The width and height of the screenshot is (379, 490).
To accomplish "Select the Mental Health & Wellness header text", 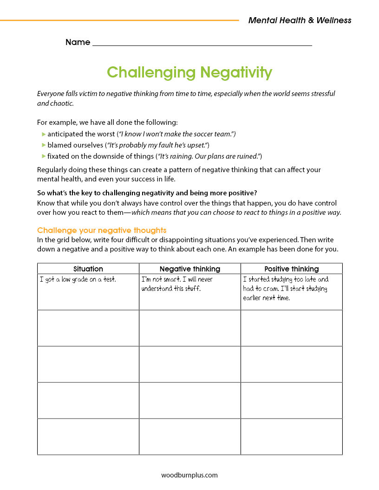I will [300, 20].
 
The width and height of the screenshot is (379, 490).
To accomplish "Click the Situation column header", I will [88, 269].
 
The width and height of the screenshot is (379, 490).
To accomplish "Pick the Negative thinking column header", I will [190, 269].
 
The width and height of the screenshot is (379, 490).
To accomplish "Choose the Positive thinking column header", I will [292, 269].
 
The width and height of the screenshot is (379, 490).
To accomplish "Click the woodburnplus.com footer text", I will [189, 475].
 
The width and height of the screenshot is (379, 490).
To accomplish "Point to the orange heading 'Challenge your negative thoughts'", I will [102, 230].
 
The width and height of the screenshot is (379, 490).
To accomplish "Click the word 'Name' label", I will [78, 42].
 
